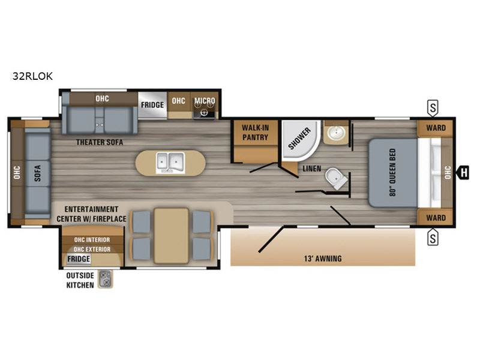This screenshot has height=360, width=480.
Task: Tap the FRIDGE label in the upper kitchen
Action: pyautogui.click(x=152, y=104)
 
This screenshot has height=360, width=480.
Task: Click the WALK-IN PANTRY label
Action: pyautogui.click(x=254, y=133)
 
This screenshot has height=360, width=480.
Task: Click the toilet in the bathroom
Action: pyautogui.click(x=335, y=178)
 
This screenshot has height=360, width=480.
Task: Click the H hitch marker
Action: pyautogui.click(x=464, y=173)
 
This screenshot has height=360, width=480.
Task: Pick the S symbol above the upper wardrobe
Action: pyautogui.click(x=433, y=108)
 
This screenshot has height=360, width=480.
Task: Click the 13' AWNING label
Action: pyautogui.click(x=323, y=259)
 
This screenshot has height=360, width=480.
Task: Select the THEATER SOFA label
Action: pyautogui.click(x=100, y=143)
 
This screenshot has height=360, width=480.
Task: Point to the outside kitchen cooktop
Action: pyautogui.click(x=106, y=278)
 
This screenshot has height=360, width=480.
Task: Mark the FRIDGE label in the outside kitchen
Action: pyautogui.click(x=79, y=259)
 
